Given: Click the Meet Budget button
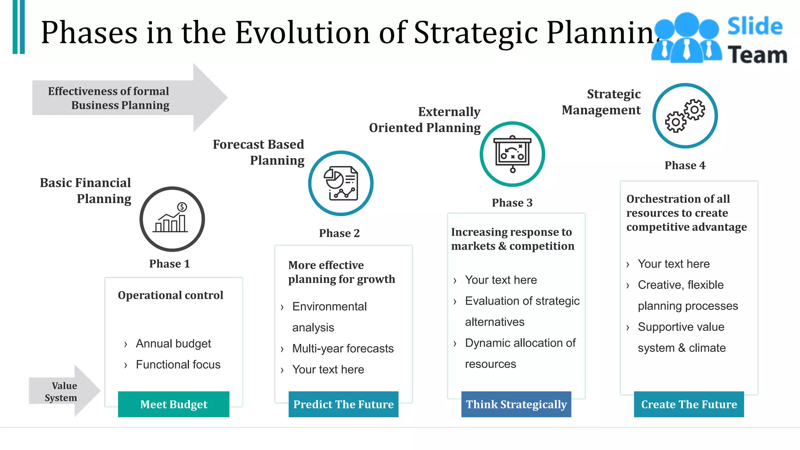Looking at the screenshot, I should click(x=173, y=404).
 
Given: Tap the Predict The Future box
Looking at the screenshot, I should click(x=343, y=404).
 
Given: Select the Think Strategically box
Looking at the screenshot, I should click(x=516, y=404).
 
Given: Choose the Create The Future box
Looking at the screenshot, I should click(x=689, y=404).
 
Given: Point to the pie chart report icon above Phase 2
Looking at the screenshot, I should click(x=341, y=183).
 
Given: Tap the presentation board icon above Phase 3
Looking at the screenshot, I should click(x=512, y=154).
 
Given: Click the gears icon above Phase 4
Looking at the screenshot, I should click(x=685, y=116).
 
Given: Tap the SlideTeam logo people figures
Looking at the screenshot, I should click(x=686, y=38).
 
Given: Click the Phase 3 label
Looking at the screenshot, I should click(x=512, y=203).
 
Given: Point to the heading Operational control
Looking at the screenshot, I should click(x=170, y=295).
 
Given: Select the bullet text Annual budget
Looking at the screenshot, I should click(x=173, y=344).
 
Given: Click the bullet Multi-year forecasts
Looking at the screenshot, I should click(x=343, y=348).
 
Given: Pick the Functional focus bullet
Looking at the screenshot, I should click(x=178, y=365).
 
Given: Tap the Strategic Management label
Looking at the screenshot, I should click(x=602, y=102).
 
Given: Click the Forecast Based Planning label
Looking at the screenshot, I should click(x=259, y=152).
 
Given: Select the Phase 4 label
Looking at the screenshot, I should click(x=685, y=165).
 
